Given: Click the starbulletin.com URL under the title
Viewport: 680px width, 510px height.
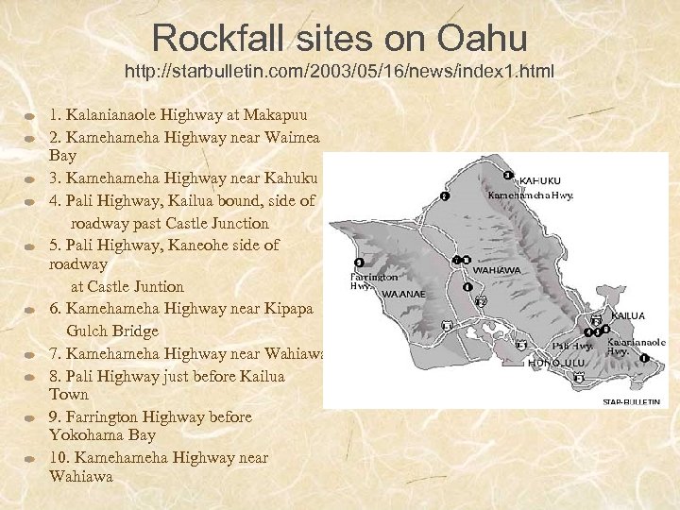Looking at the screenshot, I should pos(339,72).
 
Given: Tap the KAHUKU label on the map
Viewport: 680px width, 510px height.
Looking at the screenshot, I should pos(540,179).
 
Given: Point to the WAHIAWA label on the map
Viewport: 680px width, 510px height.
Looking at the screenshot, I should pos(497,269).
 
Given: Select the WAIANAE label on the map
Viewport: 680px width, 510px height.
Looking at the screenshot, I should pos(404,294).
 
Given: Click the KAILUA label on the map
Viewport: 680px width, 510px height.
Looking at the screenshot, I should pos(628,315).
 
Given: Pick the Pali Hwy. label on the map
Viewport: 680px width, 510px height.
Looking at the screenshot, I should pos(573,347).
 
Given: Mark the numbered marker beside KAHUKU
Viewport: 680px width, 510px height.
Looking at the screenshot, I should pos(508,175).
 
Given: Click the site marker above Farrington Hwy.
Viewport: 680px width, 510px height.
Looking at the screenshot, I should pos(358,263).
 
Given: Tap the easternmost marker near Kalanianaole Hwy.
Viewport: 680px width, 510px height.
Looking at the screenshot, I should pos(644,359).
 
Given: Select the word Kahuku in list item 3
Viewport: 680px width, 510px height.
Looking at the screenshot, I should pos(286,178).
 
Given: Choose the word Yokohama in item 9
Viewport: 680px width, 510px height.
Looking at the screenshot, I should pos(93,435).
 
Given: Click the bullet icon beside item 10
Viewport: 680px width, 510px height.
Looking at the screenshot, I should pos(30,458).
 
